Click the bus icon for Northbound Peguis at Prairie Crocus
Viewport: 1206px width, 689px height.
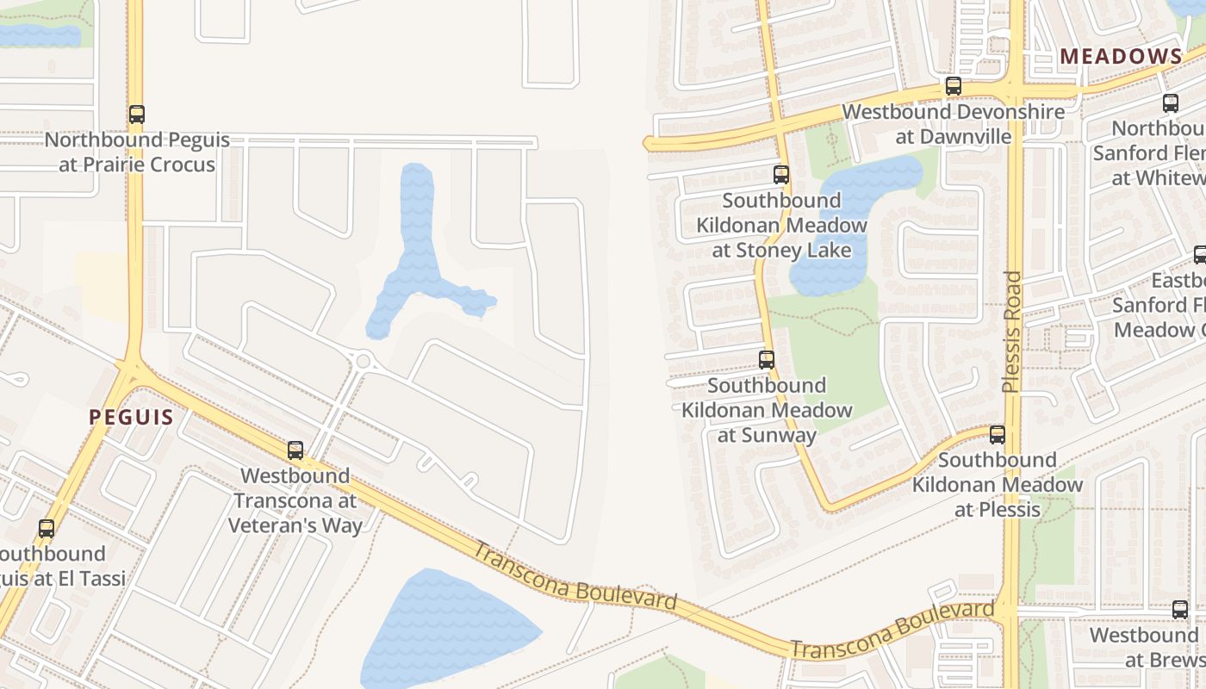136,114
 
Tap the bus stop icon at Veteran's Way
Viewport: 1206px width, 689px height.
295,450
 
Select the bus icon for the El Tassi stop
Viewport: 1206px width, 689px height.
47,529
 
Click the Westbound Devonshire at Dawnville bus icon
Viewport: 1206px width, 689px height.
953,86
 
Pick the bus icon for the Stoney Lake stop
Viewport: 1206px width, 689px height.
781,175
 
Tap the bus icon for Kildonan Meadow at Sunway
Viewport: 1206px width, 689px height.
767,360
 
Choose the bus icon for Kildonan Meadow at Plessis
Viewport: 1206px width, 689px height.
998,435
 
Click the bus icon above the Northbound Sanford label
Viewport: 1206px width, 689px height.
1170,103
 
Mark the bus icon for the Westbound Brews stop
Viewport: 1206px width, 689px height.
1180,610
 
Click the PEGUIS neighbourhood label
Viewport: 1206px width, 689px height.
131,418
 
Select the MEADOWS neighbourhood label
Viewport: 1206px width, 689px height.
1121,57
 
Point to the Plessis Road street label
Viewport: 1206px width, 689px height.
1012,332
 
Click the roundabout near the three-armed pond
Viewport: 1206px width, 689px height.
363,361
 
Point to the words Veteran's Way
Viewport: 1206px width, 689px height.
295,525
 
